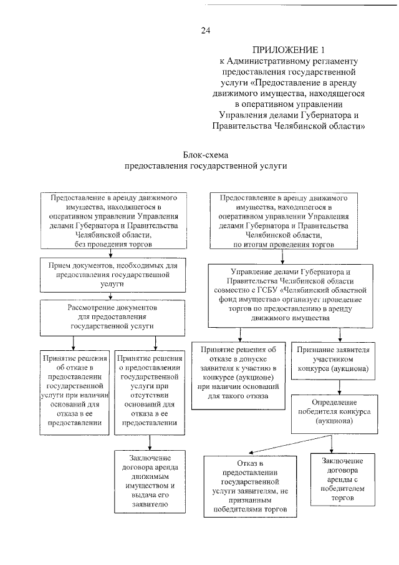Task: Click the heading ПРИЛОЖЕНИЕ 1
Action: click(x=289, y=49)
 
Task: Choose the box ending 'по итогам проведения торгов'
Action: click(x=282, y=220)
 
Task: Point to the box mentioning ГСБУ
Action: click(x=282, y=296)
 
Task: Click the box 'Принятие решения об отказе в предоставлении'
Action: click(x=75, y=391)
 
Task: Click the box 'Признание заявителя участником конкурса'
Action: click(x=332, y=361)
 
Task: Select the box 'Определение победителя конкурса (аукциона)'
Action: click(x=332, y=412)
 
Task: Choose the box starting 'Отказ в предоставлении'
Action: click(x=249, y=486)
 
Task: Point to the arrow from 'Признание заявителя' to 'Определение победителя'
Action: click(x=332, y=386)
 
